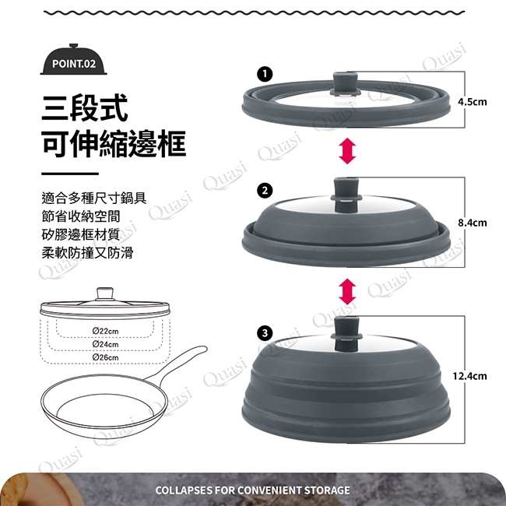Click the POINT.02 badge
pos(74,61)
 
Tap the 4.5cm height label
pos(472,102)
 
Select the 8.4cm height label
pos(472,223)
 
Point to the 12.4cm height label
pos(469,376)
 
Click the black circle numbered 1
pos(265,74)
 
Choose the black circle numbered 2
pos(265,191)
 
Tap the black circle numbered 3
pos(265,332)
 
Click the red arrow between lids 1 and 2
pos(347,151)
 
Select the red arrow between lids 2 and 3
pos(347,292)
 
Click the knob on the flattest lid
pos(346,84)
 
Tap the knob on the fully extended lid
pos(346,334)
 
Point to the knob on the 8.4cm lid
pos(346,195)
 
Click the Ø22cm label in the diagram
pos(105,331)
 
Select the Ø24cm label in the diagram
pos(105,344)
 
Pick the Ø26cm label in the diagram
pos(105,357)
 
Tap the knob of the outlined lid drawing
pos(105,293)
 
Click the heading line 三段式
pos(85,108)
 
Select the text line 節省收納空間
pos(81,216)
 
